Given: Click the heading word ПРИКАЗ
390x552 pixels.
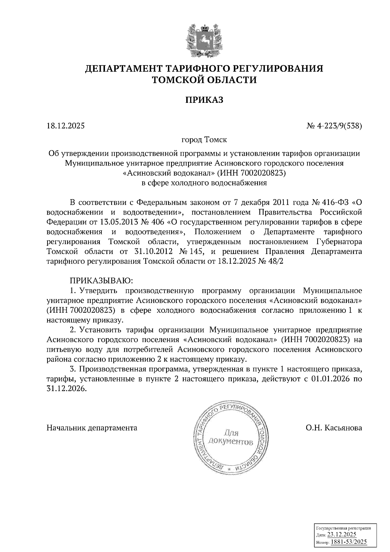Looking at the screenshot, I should pyautogui.click(x=204, y=100).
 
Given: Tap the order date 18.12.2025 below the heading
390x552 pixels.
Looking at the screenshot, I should pyautogui.click(x=65, y=125).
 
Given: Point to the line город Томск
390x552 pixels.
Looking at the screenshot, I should pyautogui.click(x=204, y=140).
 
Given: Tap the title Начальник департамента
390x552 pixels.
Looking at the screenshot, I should pyautogui.click(x=92, y=428).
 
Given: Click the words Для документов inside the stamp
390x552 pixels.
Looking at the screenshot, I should pyautogui.click(x=231, y=437).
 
